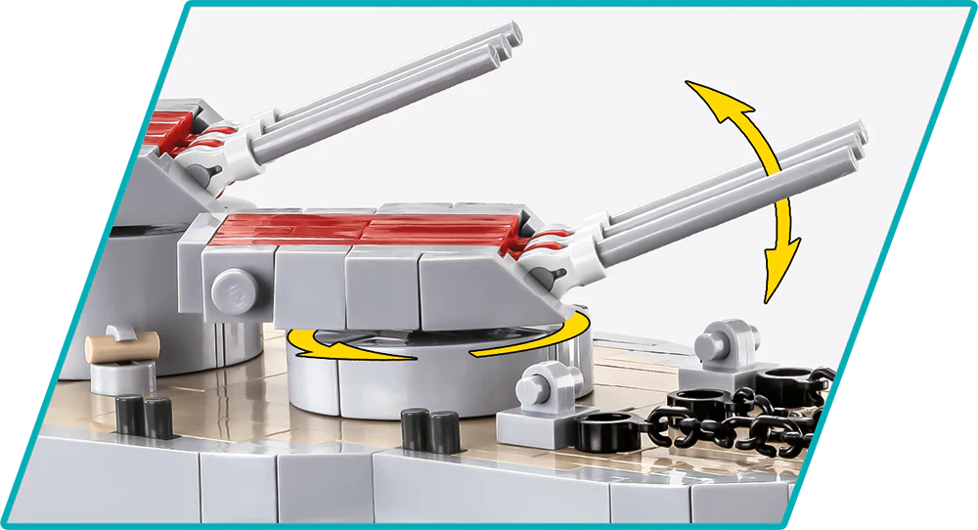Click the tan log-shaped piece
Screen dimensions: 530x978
pyautogui.click(x=122, y=345)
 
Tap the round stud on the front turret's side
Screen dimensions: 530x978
pyautogui.click(x=228, y=288)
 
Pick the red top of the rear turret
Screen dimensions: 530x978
pyautogui.click(x=177, y=133)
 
